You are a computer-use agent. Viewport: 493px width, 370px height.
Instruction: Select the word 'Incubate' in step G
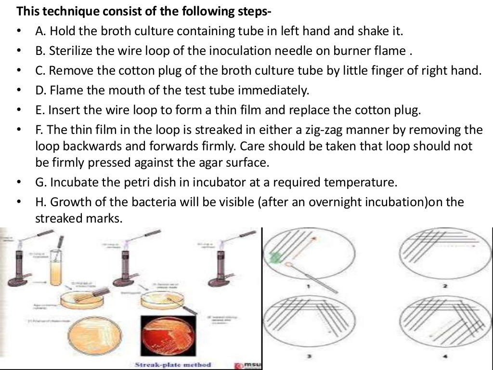tap(73, 183)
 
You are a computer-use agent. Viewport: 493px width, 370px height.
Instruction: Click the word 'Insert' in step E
tap(65, 110)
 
